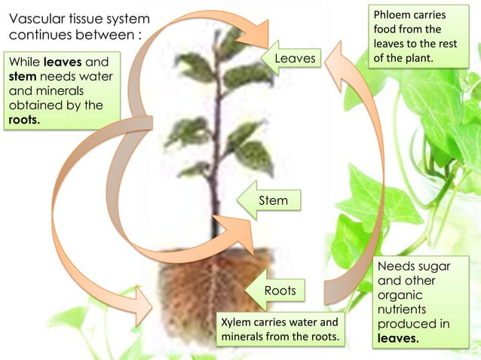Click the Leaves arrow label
pos(295,59)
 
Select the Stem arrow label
pos(272,200)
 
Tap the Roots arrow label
pos(279,291)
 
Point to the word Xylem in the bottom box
pos(236,322)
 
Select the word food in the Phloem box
pos(386,29)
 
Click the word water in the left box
pos(87,76)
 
